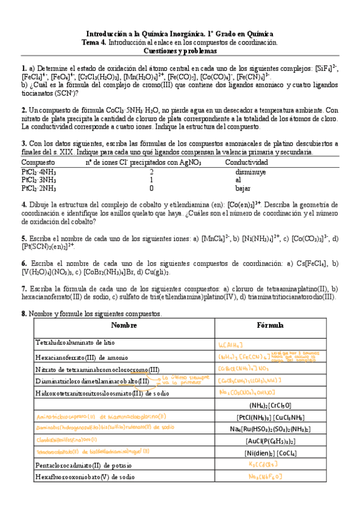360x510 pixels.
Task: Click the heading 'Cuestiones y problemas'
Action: [x=180, y=51]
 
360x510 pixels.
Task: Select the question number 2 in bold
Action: [x=23, y=111]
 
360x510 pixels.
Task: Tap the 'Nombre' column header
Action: [x=124, y=325]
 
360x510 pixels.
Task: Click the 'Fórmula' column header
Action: [x=270, y=325]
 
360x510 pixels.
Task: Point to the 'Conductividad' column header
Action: [x=247, y=162]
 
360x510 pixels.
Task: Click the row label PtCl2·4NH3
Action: [x=39, y=171]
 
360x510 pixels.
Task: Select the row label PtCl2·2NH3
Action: [x=39, y=188]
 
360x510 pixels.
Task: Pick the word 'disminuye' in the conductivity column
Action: [x=251, y=171]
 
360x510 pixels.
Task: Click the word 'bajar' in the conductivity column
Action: [x=244, y=188]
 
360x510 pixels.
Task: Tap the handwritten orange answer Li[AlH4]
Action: [x=231, y=344]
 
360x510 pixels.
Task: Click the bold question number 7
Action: [x=23, y=288]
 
